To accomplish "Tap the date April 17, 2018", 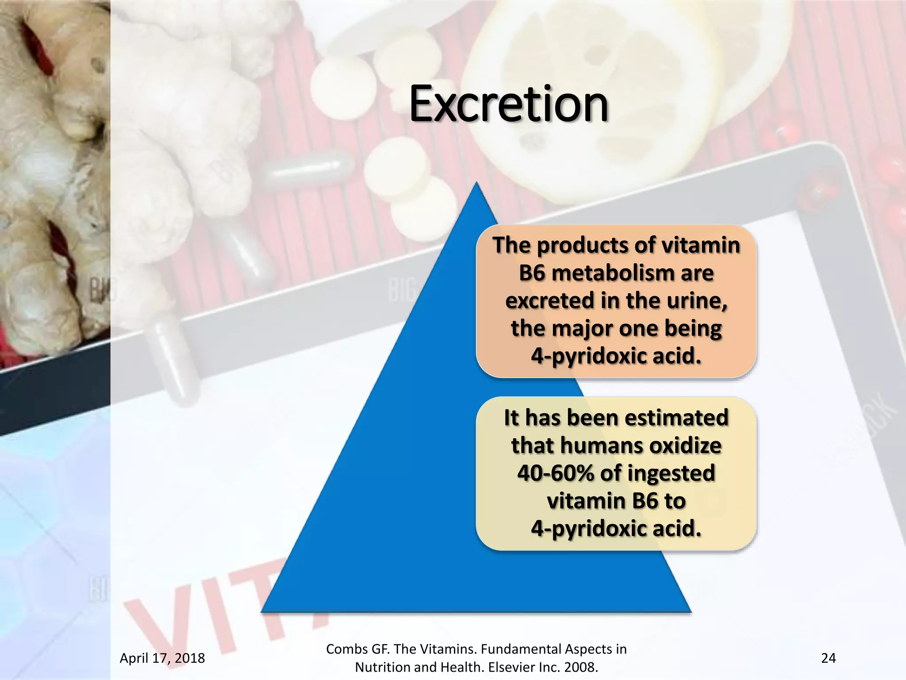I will pyautogui.click(x=162, y=658).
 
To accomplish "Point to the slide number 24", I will pyautogui.click(x=828, y=658).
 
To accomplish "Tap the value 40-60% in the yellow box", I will pyautogui.click(x=556, y=473).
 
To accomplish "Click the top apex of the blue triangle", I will pyautogui.click(x=476, y=184).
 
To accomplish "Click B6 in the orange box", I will pyautogui.click(x=532, y=273).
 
